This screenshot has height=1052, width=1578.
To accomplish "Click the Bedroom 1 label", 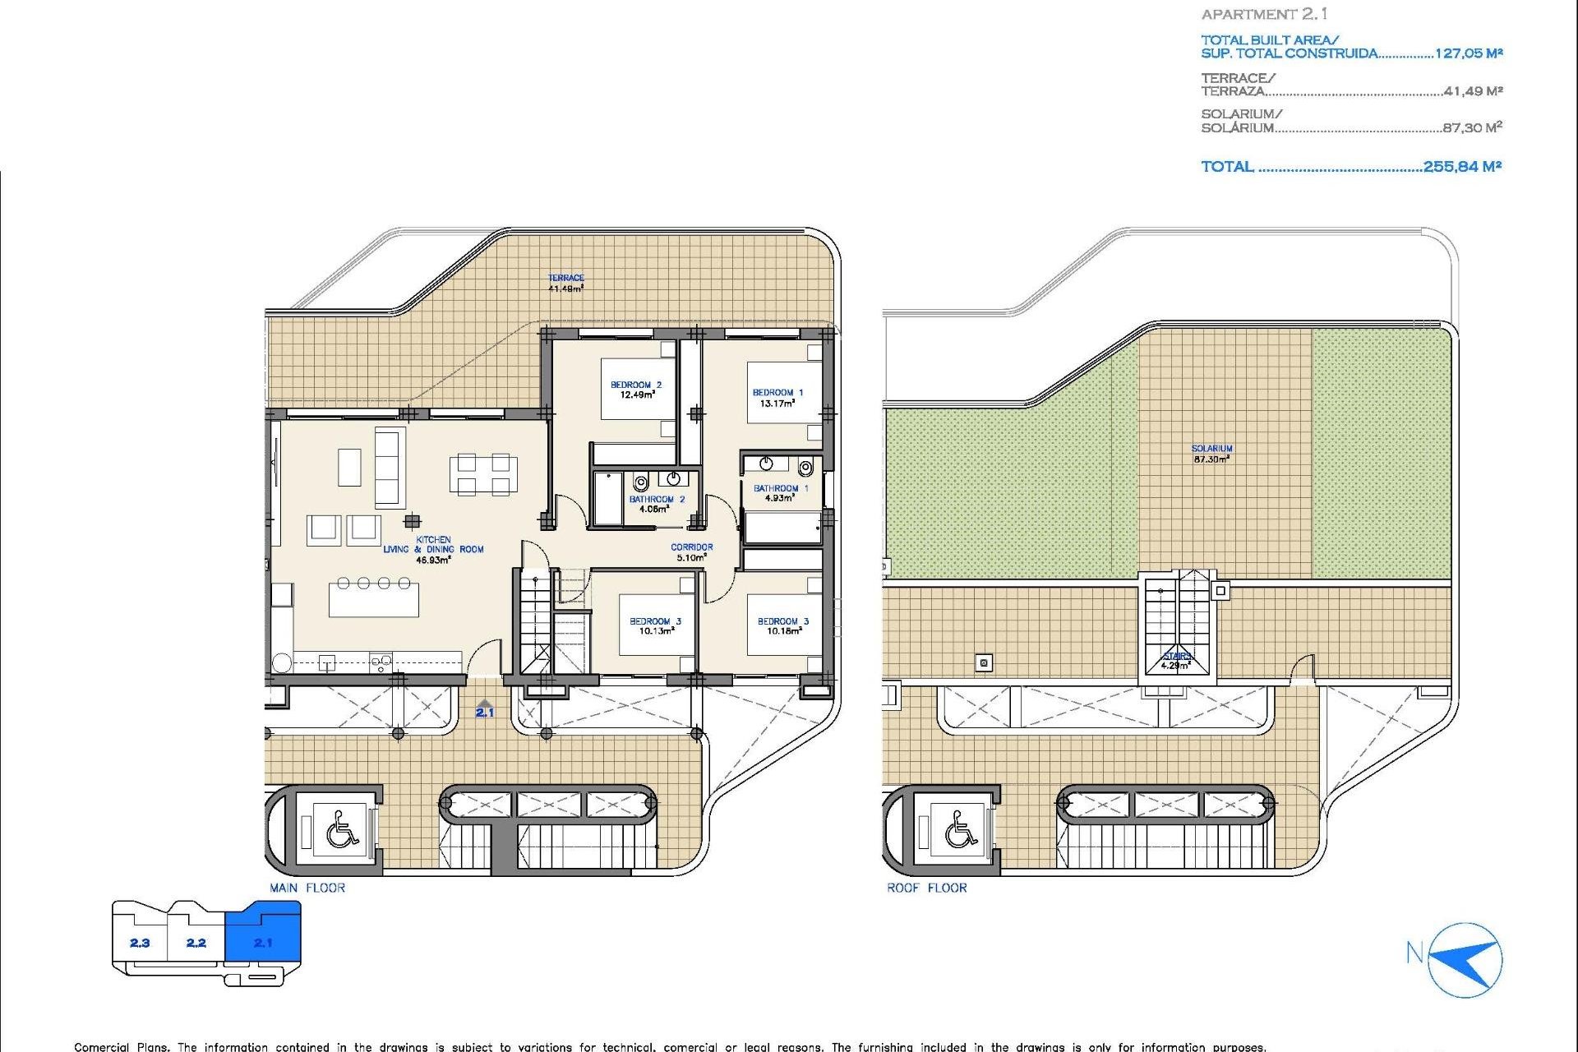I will [x=777, y=393].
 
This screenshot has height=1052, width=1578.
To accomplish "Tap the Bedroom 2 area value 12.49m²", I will [x=637, y=395].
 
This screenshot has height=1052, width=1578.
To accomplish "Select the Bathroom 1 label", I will [x=780, y=488].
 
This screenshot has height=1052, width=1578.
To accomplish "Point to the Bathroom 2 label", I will [x=656, y=499].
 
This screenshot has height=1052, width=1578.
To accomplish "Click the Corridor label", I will [x=691, y=547].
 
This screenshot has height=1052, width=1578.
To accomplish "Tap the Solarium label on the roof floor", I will [x=1211, y=449].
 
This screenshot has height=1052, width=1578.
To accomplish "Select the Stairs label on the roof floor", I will [x=1177, y=656].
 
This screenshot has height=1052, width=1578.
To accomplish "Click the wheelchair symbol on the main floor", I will [x=342, y=828].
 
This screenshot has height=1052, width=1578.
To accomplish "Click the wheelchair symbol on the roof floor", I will [x=959, y=828].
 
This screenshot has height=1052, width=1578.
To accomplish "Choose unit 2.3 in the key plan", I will [x=140, y=943].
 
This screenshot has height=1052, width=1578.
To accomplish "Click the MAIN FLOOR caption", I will [x=307, y=888].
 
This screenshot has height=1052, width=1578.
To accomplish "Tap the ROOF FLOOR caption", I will [x=926, y=888].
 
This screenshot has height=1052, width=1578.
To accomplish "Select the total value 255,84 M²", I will [x=1462, y=167].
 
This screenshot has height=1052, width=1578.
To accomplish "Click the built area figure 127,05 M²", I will [x=1468, y=53].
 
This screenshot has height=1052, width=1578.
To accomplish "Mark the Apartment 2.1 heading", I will [x=1264, y=14].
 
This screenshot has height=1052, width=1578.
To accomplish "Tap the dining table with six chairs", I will [x=482, y=475].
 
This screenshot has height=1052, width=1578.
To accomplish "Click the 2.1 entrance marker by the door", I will [x=485, y=712].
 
